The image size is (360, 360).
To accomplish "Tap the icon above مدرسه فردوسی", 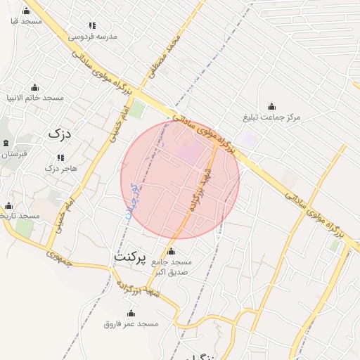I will pyautogui.click(x=86, y=23).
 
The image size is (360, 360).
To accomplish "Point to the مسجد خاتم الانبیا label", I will pyautogui.click(x=35, y=97).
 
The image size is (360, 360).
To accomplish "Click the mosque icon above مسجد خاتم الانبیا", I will pyautogui.click(x=35, y=86).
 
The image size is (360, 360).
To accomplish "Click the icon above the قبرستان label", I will pyautogui.click(x=7, y=143).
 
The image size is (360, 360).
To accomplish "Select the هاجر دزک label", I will pyautogui.click(x=60, y=168).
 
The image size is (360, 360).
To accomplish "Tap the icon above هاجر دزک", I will pyautogui.click(x=59, y=157).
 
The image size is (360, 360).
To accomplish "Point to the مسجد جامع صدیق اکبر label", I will pyautogui.click(x=171, y=266).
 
